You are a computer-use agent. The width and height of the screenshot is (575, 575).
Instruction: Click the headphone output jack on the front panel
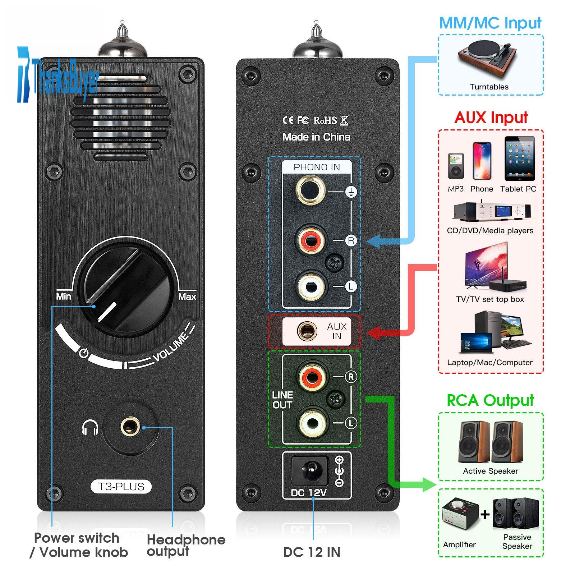tap(130, 427)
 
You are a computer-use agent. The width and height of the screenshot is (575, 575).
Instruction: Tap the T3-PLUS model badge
tap(121, 487)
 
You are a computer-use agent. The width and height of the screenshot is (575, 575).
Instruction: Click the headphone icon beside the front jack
tap(90, 428)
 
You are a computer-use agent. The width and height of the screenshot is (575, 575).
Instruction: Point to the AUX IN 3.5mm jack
tap(307, 331)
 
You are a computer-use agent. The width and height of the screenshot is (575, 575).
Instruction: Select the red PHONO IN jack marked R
tap(310, 239)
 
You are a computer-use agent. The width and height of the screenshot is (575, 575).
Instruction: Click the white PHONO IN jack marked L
tap(311, 286)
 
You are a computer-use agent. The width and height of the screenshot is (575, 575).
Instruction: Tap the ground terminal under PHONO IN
tap(310, 190)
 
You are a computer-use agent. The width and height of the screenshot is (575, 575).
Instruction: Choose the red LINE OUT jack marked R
tap(312, 377)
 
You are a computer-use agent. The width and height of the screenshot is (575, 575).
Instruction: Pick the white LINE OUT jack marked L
tap(313, 423)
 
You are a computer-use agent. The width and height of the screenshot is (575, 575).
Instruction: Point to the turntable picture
tap(487, 57)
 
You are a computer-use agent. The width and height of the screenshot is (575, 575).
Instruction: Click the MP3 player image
tap(456, 166)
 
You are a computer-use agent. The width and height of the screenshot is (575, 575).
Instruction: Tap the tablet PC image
tap(519, 158)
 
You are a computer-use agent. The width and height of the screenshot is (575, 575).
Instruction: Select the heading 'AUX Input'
tap(491, 118)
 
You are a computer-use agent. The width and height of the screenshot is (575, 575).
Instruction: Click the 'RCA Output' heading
tap(490, 400)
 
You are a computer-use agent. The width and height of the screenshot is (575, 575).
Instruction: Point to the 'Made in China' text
tap(316, 137)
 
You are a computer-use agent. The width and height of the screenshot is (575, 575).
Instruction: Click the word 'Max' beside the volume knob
tap(187, 297)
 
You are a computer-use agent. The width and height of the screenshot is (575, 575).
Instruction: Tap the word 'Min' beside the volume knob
tap(64, 296)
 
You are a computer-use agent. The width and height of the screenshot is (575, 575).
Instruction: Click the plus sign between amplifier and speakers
tap(485, 514)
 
